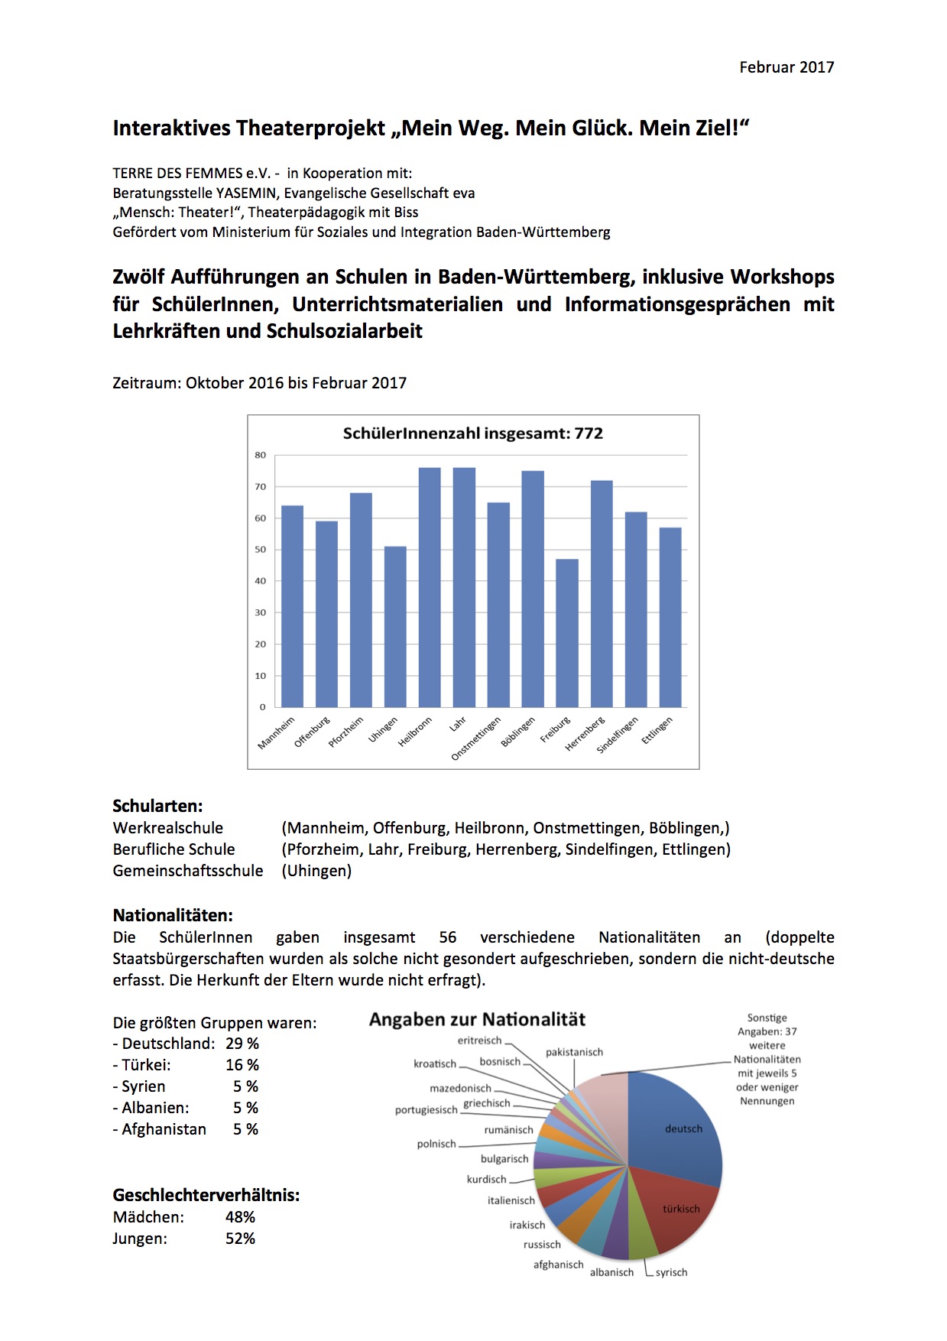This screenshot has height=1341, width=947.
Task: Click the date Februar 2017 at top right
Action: pos(786,67)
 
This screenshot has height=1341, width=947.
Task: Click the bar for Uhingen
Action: pos(395,627)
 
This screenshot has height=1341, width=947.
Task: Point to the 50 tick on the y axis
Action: pos(261,550)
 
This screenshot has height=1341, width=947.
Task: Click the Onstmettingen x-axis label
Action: pos(476,739)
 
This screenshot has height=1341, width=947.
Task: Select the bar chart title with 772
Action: pos(473,433)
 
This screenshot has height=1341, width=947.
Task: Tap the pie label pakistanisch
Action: pos(574,1052)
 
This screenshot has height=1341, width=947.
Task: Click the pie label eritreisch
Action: pos(479,1041)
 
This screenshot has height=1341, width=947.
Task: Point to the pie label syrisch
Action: pos(671,1272)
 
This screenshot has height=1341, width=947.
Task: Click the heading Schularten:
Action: pos(157,806)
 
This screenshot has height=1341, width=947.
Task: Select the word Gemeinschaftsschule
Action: pos(188,871)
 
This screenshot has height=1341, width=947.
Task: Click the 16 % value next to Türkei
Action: pos(242,1065)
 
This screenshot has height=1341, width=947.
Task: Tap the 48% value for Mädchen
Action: pos(240,1217)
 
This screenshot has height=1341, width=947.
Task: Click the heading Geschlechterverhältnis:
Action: pos(206,1195)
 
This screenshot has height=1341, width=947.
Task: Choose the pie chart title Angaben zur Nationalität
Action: pos(477,1020)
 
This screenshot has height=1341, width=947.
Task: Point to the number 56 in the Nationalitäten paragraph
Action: pos(448,937)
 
